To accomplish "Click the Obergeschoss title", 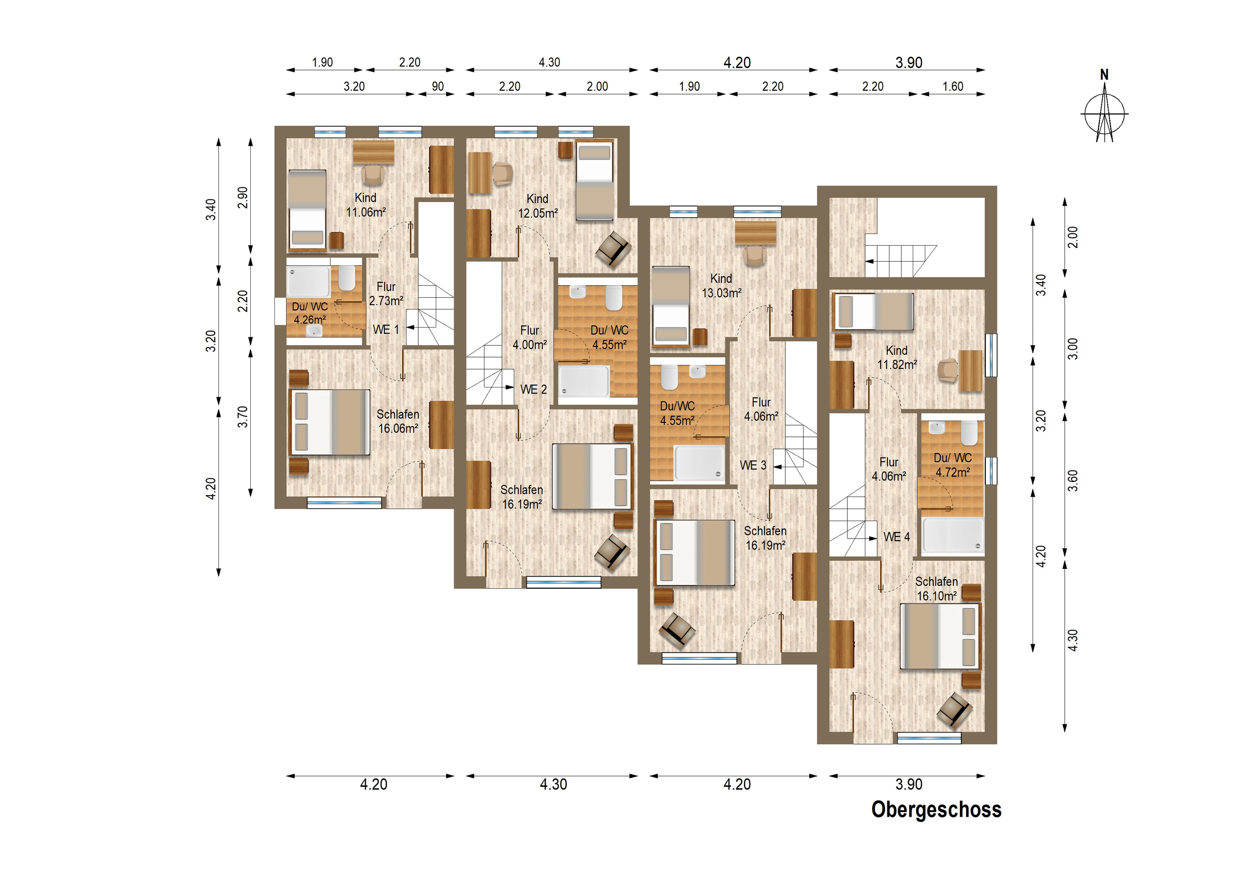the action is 936,810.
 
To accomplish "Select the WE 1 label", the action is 386,329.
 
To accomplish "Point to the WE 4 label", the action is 897,537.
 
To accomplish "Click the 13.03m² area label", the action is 722,293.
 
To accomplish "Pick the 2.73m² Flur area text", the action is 386,301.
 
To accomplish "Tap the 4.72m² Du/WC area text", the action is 952,472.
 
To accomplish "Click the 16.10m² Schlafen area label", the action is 937,596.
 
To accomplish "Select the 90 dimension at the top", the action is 438,86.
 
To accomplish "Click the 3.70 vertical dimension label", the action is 243,417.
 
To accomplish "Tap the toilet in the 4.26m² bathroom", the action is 347,278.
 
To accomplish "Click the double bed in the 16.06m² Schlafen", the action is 330,422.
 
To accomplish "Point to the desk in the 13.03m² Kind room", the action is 755,233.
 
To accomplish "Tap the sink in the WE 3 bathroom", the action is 697,371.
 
